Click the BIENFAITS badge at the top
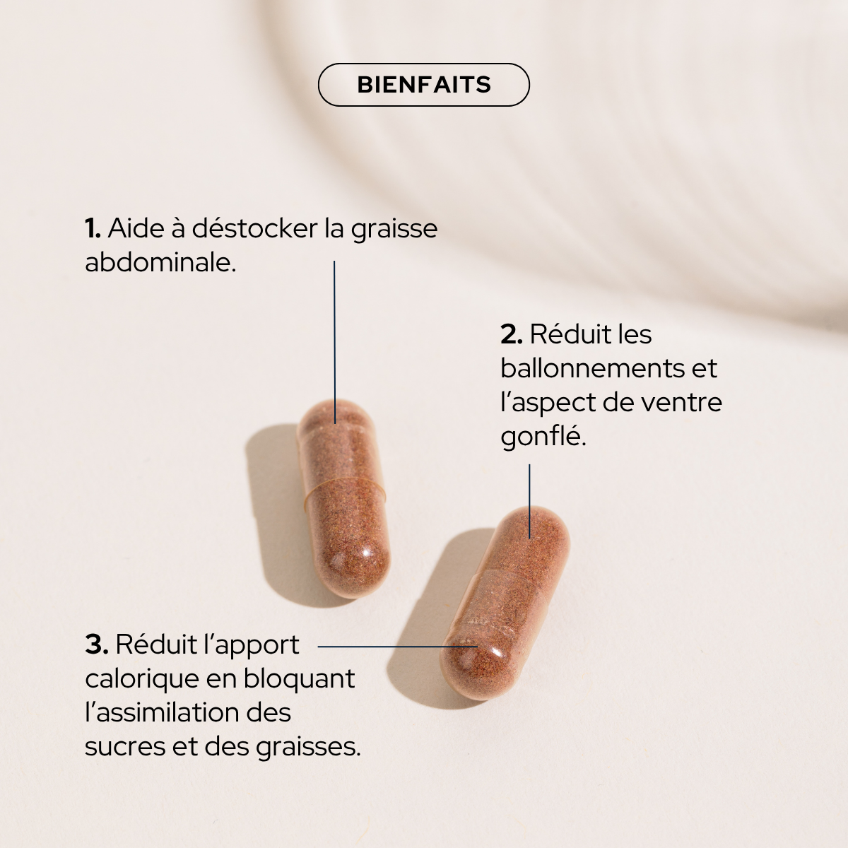tap(424, 85)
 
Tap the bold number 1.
tap(92, 229)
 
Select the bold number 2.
tap(511, 334)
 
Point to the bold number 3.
tap(95, 644)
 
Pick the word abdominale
tap(160, 263)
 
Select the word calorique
tap(141, 679)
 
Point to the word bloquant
tap(299, 679)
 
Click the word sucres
tap(124, 746)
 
